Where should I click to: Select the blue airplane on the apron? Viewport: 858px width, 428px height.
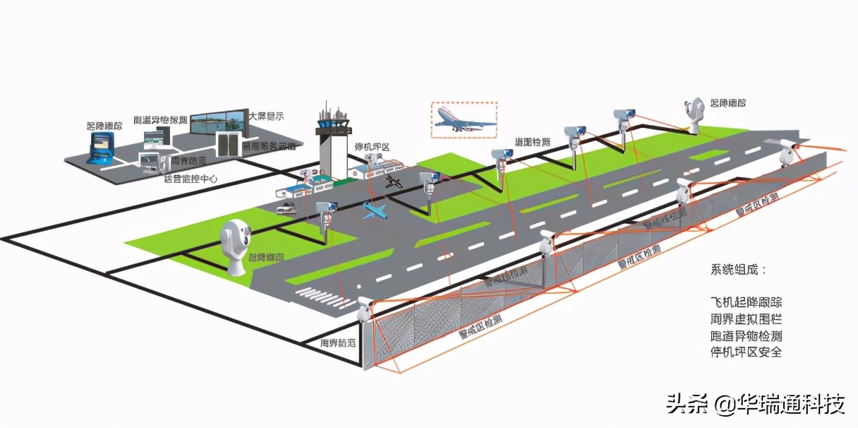pyautogui.click(x=375, y=210)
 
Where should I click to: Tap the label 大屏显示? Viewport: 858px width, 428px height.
pyautogui.click(x=267, y=116)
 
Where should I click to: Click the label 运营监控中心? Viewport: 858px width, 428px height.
pyautogui.click(x=190, y=179)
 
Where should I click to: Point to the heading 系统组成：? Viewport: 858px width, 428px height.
pyautogui.click(x=738, y=270)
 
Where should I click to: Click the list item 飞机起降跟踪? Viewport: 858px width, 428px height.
pyautogui.click(x=746, y=301)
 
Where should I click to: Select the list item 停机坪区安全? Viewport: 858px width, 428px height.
pyautogui.click(x=746, y=352)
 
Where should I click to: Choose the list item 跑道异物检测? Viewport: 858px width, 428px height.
pyautogui.click(x=746, y=335)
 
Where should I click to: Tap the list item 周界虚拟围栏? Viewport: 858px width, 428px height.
pyautogui.click(x=746, y=318)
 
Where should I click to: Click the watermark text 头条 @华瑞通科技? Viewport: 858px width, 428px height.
pyautogui.click(x=756, y=405)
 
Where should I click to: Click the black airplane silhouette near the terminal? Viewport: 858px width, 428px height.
pyautogui.click(x=394, y=182)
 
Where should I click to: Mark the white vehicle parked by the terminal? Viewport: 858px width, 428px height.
pyautogui.click(x=286, y=208)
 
